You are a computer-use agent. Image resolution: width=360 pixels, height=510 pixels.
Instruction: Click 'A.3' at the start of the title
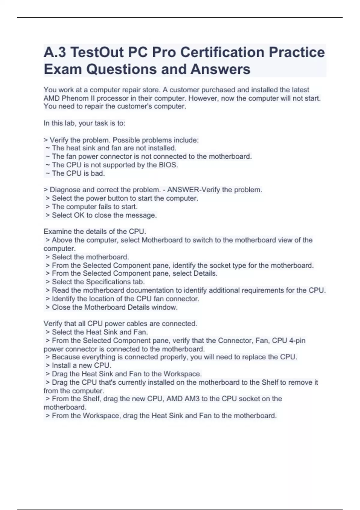[x=55, y=52]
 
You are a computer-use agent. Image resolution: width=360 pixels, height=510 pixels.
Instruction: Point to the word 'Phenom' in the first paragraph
[x=73, y=98]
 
